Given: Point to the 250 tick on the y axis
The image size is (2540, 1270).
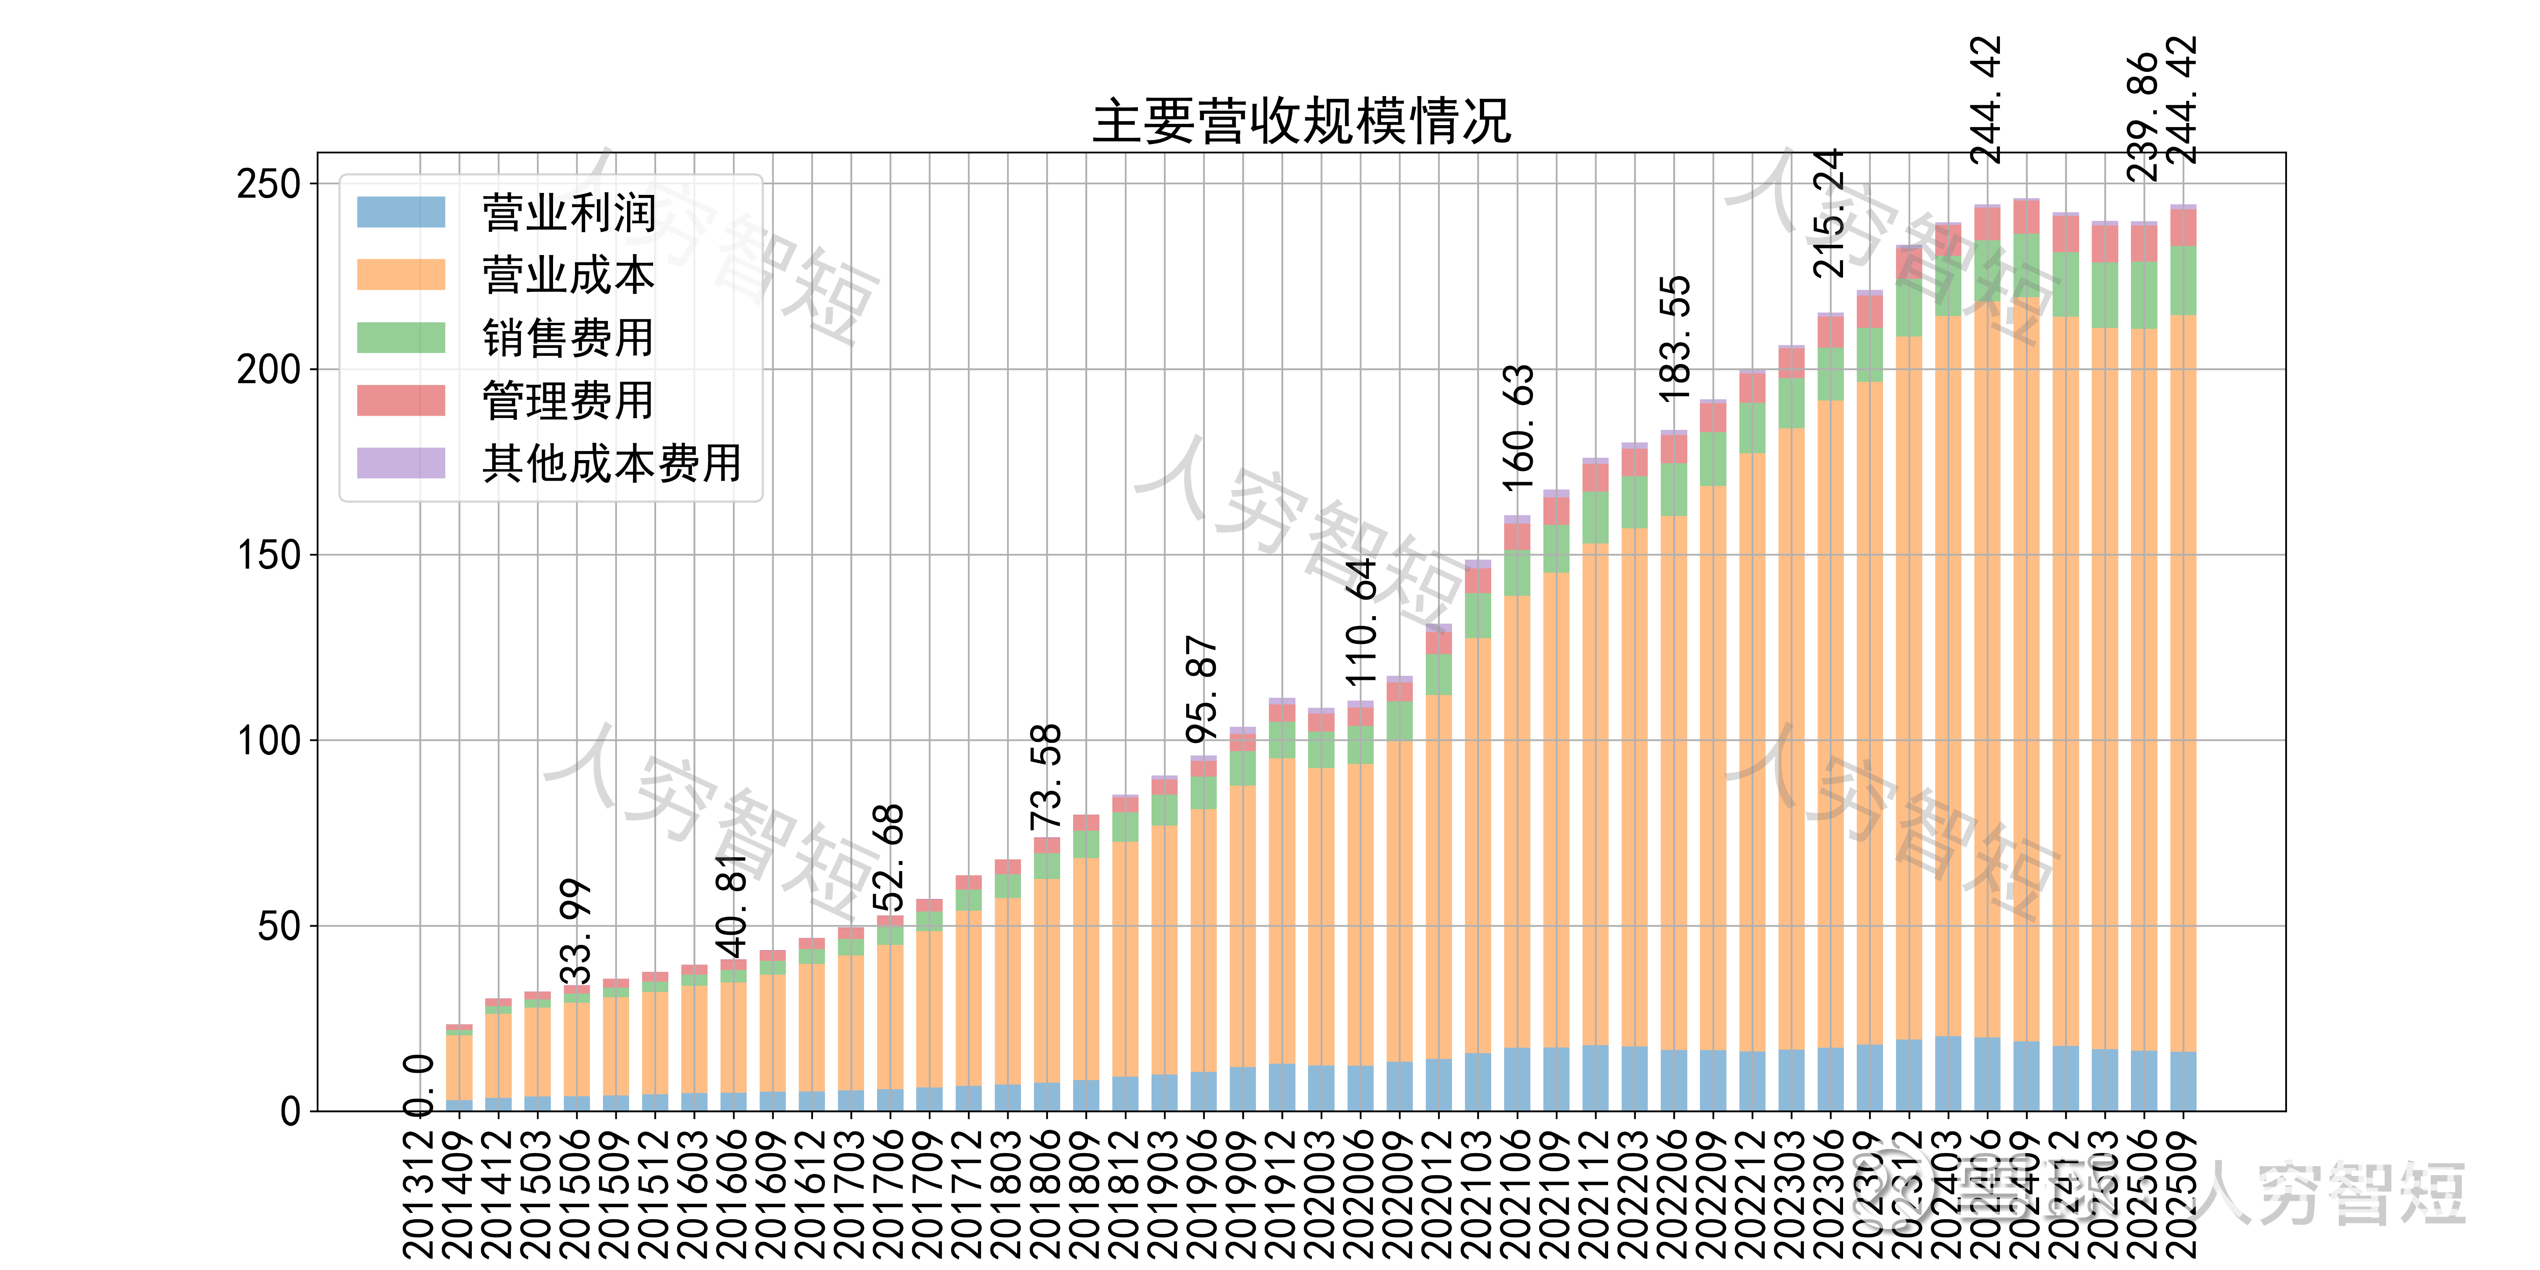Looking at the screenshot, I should (x=268, y=184).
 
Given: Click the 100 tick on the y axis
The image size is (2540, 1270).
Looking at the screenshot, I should (x=268, y=741).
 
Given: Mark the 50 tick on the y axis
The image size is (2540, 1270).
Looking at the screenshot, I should (x=278, y=927).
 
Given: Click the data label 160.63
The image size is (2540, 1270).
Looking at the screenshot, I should (x=1517, y=427).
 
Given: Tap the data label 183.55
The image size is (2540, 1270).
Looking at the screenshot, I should (x=1674, y=338).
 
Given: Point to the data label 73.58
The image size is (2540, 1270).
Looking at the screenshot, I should (x=1045, y=777).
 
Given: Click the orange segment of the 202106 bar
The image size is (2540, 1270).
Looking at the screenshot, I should (x=1517, y=819).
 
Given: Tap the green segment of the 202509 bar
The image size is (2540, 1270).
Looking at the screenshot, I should (x=2183, y=281).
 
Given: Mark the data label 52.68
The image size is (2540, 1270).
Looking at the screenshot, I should (x=890, y=858).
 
